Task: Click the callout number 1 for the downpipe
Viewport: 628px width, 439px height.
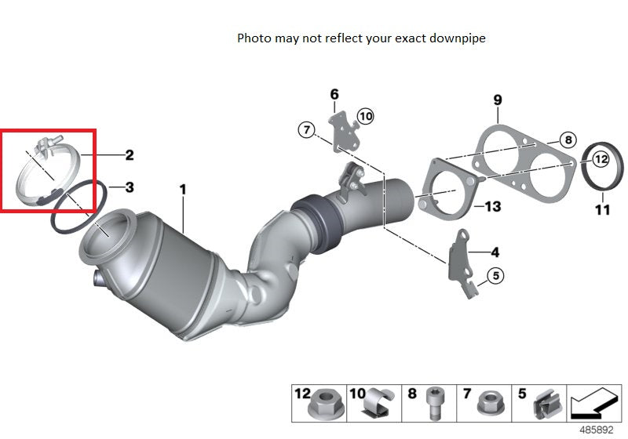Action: tap(183, 190)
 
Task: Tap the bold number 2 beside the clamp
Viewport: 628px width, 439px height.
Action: tap(129, 154)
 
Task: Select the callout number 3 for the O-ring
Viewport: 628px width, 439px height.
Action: tap(129, 187)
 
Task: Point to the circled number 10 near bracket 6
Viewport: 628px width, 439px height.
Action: tap(365, 116)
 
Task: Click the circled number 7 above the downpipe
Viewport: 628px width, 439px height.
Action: tap(307, 129)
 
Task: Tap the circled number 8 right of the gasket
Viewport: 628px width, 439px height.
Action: tap(568, 140)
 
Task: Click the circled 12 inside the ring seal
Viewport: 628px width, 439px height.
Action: tap(601, 159)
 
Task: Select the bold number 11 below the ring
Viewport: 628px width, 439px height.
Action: tap(602, 209)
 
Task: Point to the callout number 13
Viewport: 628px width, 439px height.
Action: tap(493, 206)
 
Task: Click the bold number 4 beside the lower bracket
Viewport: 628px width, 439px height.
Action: tap(495, 252)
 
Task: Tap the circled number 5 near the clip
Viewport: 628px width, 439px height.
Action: tap(496, 275)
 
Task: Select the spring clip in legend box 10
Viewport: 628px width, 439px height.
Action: tap(378, 403)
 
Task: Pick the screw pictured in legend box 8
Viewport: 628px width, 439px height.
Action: tap(434, 403)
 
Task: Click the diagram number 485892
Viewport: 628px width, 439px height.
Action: tap(597, 430)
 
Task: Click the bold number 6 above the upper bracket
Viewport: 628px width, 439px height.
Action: tap(334, 94)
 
